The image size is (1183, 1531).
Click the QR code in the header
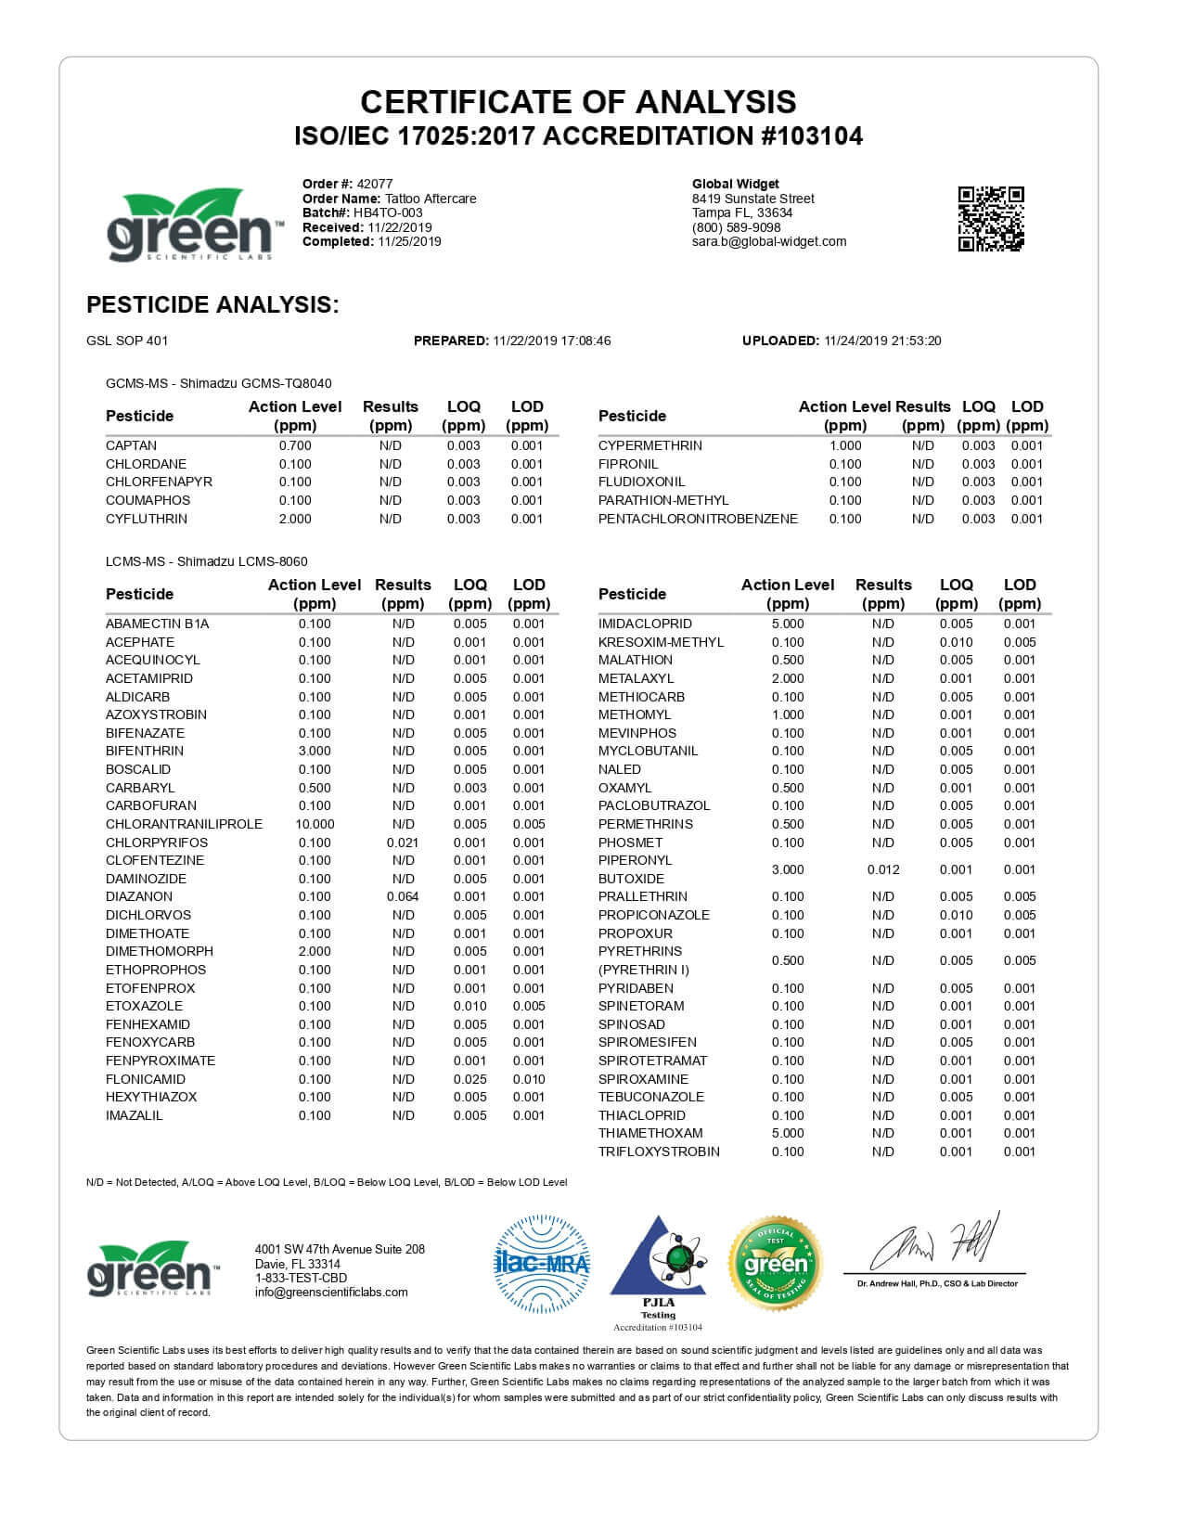tap(990, 219)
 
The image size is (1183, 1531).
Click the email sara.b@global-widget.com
tap(769, 241)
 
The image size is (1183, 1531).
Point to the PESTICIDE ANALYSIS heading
tap(212, 304)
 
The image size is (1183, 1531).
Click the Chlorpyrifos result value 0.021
tap(403, 843)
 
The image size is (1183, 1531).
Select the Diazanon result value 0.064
tap(403, 896)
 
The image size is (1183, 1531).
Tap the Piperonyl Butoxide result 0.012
tap(883, 869)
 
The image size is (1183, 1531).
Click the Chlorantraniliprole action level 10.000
tap(315, 824)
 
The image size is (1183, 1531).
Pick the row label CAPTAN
tap(131, 445)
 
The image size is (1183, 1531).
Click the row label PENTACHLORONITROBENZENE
tap(698, 519)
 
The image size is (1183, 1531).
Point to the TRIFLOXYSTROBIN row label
tap(659, 1151)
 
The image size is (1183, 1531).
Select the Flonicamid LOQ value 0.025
tap(469, 1079)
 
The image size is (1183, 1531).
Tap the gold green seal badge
tap(776, 1263)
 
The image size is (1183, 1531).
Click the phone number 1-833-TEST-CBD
tap(301, 1278)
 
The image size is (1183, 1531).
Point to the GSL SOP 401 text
tap(127, 341)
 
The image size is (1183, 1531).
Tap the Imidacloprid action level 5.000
tap(788, 624)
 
